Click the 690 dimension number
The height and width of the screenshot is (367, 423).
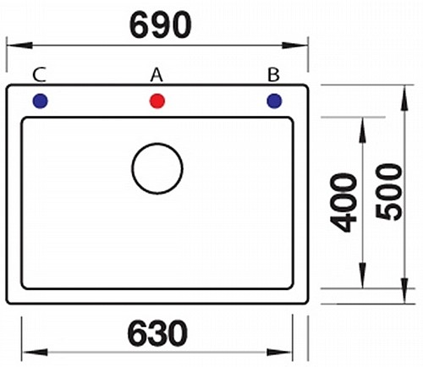(160, 25)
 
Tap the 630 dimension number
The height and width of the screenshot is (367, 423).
(157, 333)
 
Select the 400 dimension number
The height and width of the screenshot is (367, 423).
(343, 202)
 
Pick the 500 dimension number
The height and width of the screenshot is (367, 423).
(389, 192)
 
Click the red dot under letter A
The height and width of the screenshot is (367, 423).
(157, 101)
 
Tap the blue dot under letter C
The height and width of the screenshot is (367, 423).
(41, 101)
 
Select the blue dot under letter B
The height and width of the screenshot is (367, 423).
(274, 101)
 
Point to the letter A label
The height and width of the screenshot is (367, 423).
(157, 75)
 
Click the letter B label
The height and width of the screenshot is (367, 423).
(273, 75)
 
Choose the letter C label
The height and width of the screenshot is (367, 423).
(39, 75)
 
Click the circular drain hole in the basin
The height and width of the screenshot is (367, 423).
(157, 144)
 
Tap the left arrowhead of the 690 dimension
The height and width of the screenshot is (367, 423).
(19, 45)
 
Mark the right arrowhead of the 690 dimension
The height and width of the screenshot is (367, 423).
(294, 45)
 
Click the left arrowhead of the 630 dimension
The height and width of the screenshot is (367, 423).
(36, 352)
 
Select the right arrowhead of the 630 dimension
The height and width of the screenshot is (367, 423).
(279, 352)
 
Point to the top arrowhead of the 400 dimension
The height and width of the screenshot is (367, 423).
(363, 130)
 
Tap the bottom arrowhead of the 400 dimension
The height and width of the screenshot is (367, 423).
(363, 275)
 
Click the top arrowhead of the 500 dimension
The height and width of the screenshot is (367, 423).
(404, 98)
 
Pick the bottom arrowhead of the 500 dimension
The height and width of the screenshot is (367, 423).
(404, 291)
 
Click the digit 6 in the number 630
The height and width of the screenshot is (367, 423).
(137, 333)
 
